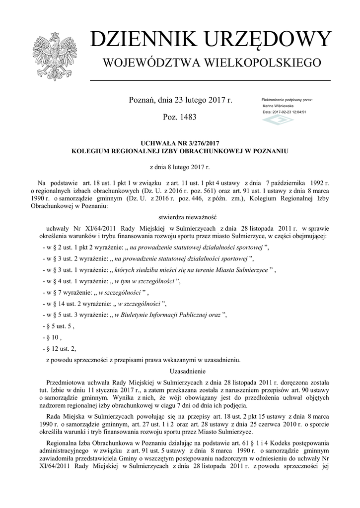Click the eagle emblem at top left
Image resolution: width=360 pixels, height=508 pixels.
[52, 56]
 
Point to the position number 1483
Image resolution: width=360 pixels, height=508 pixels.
[186, 118]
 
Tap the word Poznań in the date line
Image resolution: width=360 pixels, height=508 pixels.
[142, 100]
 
